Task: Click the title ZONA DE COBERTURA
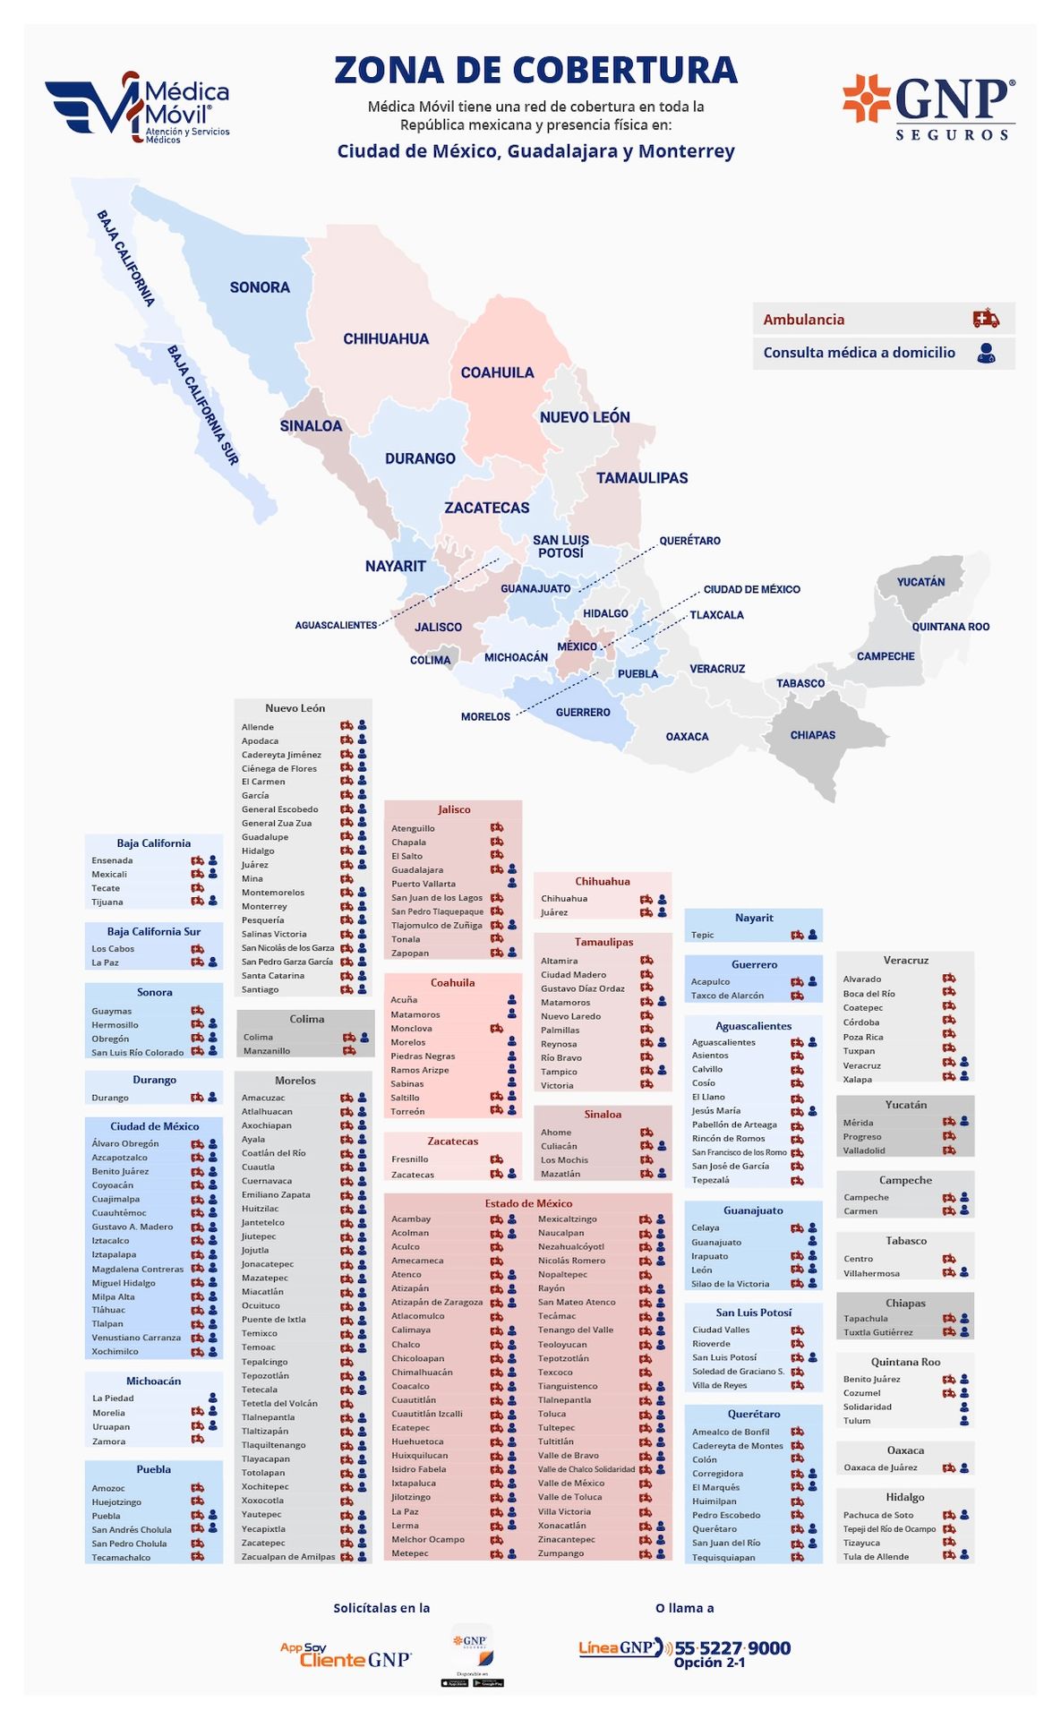pos(535,71)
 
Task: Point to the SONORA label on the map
pos(260,287)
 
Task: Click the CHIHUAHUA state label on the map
pos(386,339)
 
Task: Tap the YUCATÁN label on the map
pos(920,582)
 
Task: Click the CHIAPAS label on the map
pos(812,735)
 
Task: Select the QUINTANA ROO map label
pos(950,627)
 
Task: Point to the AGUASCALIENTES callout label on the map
pos(336,625)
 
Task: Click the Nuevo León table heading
pos(295,708)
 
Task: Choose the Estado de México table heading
pos(528,1203)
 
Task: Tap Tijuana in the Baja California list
pos(107,902)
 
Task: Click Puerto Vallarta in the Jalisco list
pos(423,884)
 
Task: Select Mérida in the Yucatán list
pos(858,1123)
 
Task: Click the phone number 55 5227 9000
pos(732,1648)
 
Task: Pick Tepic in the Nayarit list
pos(703,935)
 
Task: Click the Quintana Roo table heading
pos(905,1362)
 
